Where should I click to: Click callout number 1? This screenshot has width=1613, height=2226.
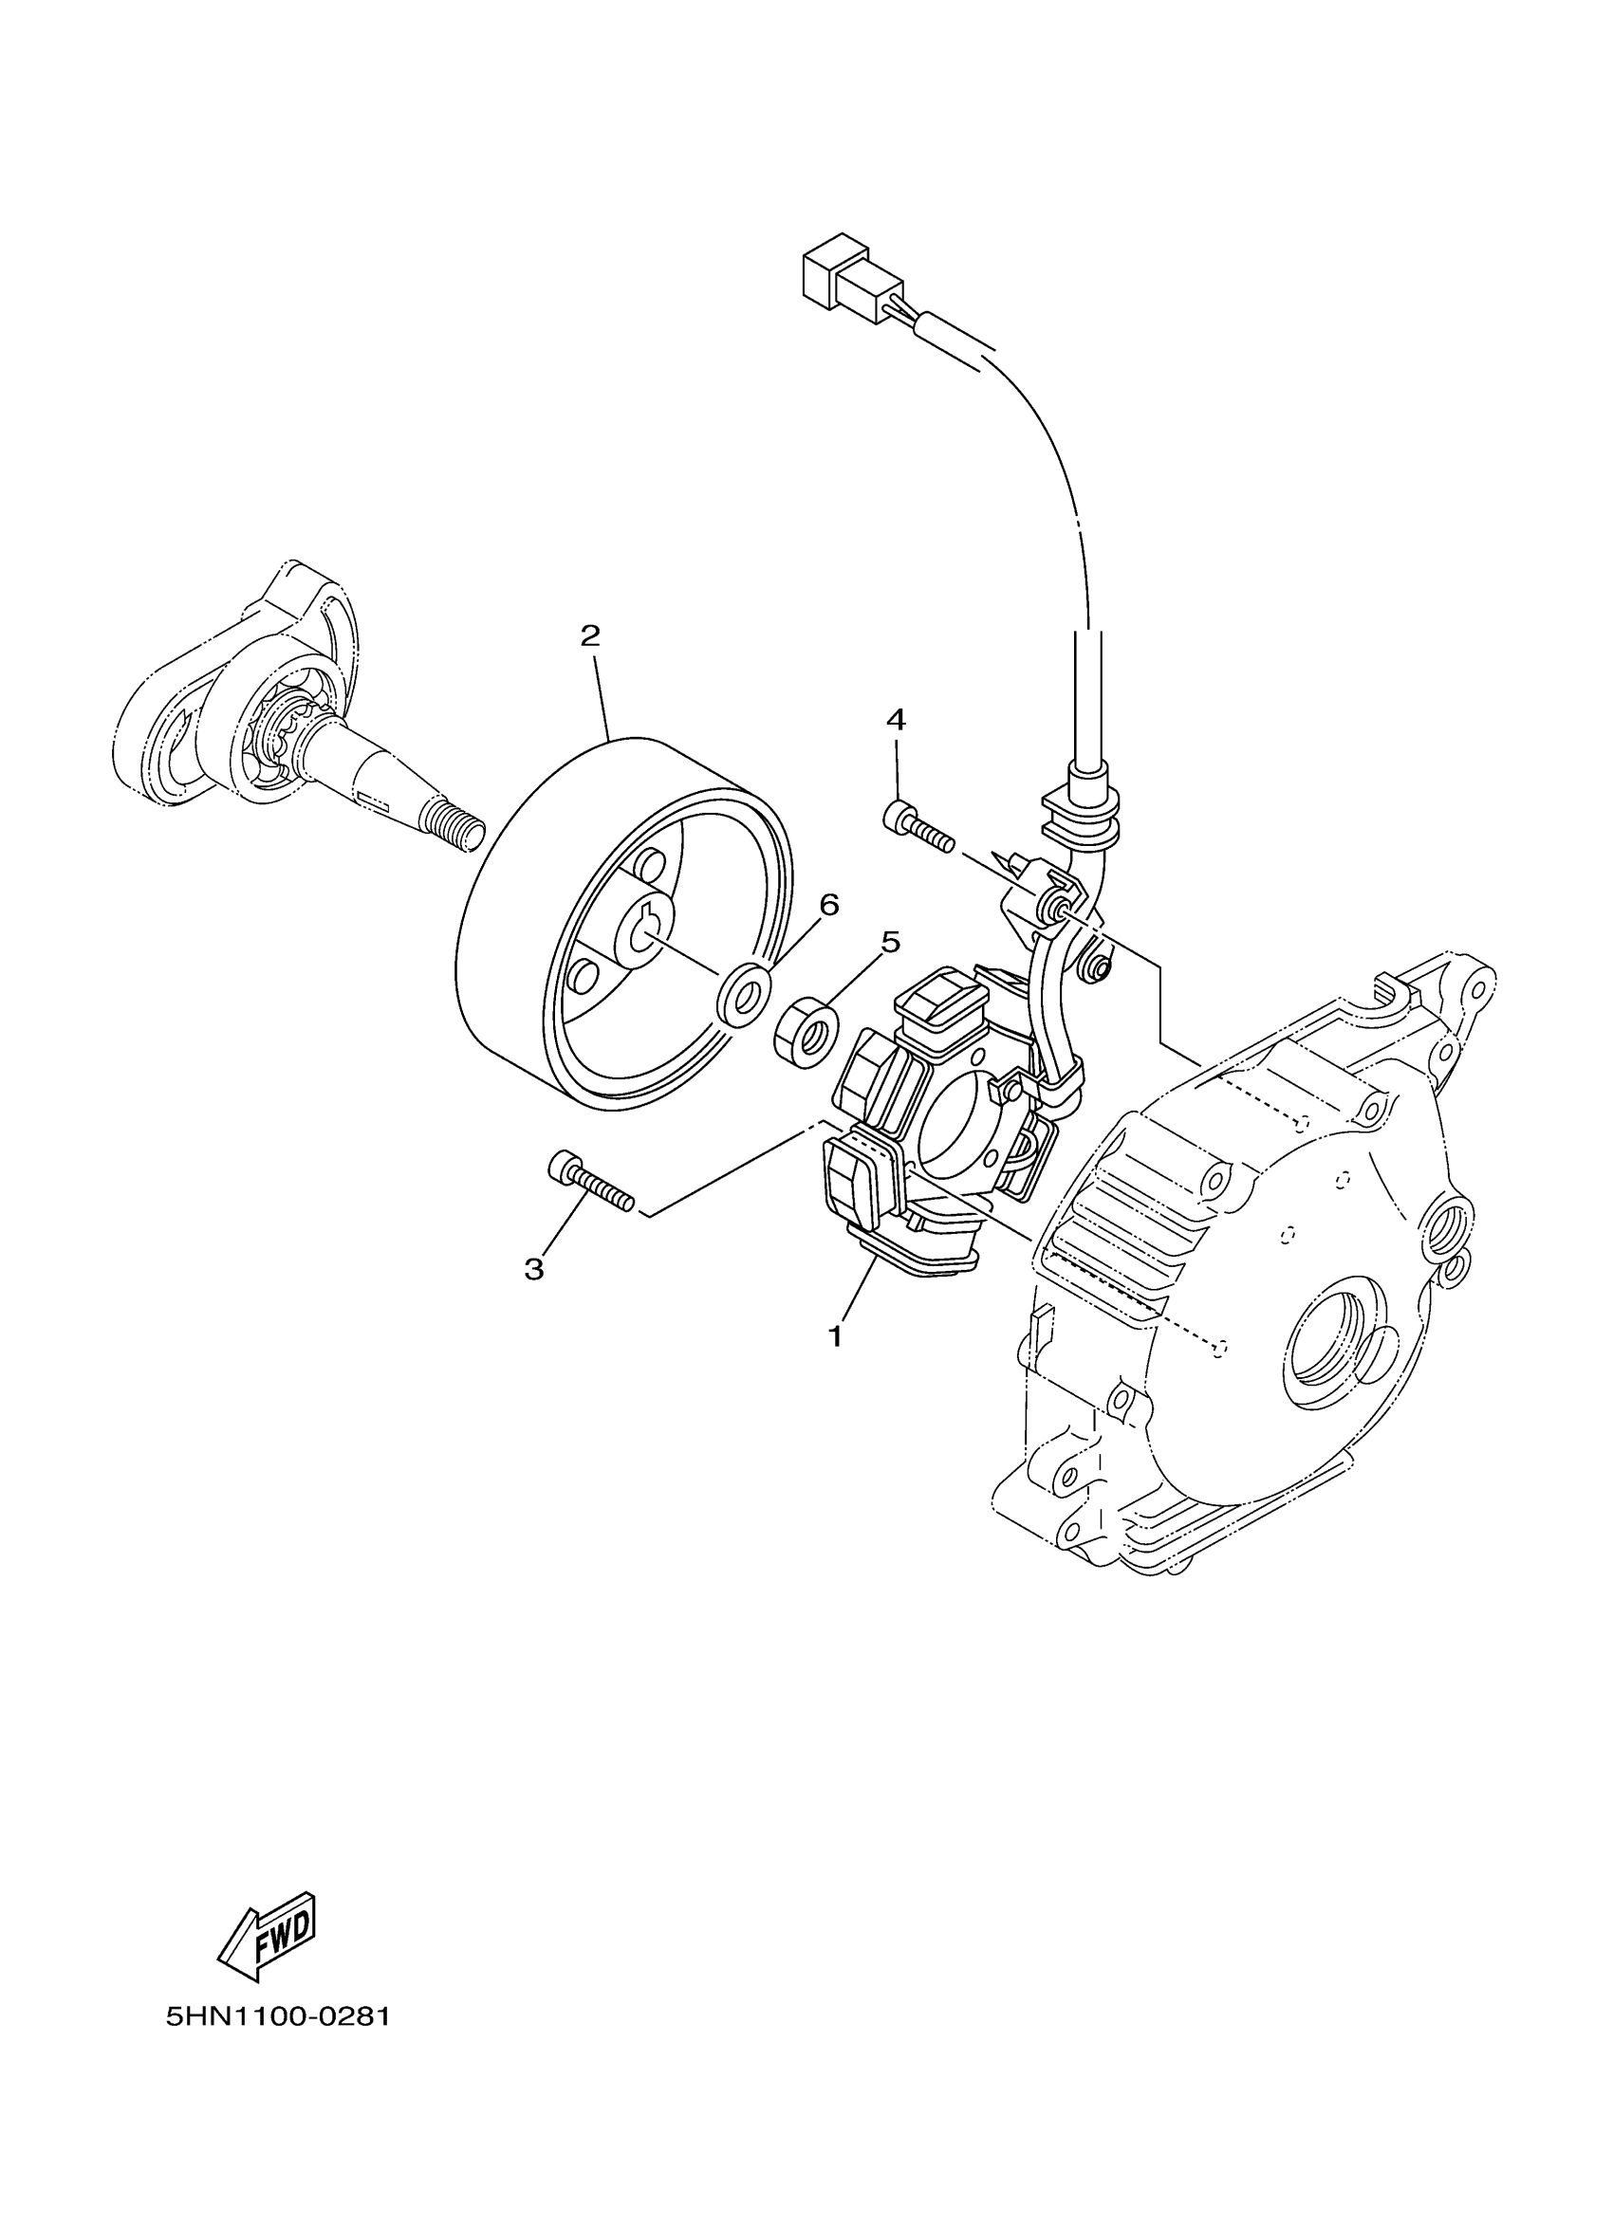coord(836,1335)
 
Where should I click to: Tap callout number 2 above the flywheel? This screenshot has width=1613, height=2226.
coord(589,636)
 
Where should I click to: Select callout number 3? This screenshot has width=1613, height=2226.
coord(534,1270)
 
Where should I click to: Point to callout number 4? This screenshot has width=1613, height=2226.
coord(896,720)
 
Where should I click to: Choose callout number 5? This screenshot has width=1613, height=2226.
coord(889,942)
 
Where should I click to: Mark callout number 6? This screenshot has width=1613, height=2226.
coord(829,905)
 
